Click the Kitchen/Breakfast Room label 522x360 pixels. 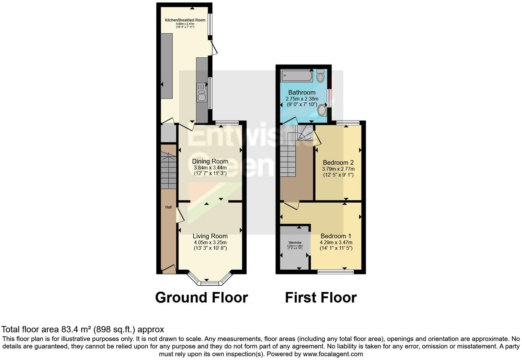185,20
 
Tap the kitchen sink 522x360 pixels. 201,93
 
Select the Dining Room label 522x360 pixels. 210,161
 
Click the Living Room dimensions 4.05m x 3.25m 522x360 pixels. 210,242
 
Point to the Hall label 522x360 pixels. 168,207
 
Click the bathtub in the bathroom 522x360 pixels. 297,76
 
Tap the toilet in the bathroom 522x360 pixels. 321,75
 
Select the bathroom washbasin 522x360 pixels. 322,110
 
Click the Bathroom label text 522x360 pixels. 302,92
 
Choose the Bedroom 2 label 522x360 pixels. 338,162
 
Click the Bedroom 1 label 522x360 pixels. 336,236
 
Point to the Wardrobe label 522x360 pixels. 295,243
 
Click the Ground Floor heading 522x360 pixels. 201,297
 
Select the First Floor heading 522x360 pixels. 321,297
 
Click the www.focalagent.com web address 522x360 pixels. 333,354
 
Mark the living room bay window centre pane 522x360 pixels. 209,283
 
